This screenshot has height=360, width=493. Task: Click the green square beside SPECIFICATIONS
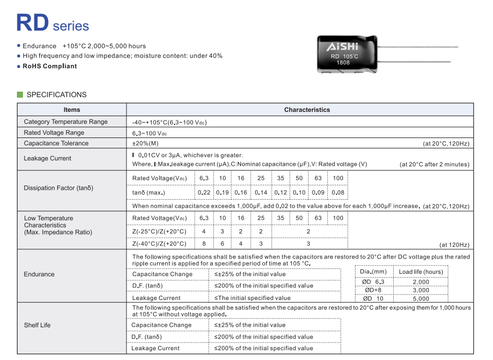click(20, 94)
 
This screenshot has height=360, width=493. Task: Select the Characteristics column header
click(306, 110)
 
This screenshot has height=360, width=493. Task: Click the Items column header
click(71, 110)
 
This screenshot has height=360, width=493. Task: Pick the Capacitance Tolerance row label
click(56, 143)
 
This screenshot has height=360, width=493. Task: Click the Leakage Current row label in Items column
click(47, 158)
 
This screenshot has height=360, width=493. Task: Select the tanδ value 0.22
click(204, 193)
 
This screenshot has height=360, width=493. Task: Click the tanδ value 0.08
click(338, 193)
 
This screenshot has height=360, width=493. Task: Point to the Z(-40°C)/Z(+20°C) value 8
click(204, 244)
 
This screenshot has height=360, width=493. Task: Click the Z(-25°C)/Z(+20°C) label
click(159, 231)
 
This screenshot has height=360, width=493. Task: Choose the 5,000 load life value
click(420, 298)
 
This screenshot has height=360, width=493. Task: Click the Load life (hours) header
click(420, 272)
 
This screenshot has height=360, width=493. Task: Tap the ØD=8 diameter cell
click(373, 290)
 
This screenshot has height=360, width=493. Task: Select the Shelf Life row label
click(37, 325)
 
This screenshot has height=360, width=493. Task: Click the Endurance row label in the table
click(39, 274)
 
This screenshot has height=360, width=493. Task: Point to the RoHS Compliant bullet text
click(50, 66)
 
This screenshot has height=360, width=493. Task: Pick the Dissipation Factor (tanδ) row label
click(58, 188)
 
